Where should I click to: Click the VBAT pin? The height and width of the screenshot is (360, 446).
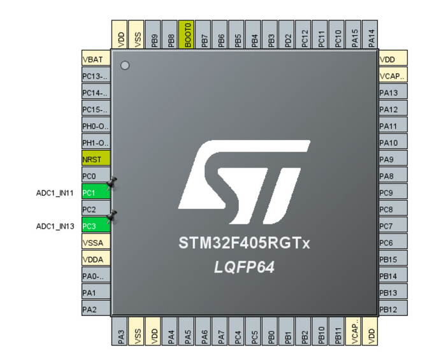click(96, 59)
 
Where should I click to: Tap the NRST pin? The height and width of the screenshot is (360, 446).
click(96, 159)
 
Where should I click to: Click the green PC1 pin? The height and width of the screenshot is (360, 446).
click(96, 192)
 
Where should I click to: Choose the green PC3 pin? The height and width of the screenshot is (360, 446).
click(96, 226)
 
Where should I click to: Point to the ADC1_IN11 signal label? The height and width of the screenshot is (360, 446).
click(55, 192)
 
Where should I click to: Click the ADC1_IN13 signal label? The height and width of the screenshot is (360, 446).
click(55, 226)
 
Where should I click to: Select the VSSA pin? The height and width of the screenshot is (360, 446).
click(96, 243)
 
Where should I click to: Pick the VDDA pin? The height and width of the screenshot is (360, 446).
click(96, 259)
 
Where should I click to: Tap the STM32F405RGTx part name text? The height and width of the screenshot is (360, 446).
click(245, 243)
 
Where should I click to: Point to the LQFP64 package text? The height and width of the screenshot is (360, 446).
click(245, 268)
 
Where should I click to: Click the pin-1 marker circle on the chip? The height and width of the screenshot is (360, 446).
click(125, 65)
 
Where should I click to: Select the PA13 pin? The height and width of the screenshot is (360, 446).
click(392, 93)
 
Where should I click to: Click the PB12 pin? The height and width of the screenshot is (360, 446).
click(392, 309)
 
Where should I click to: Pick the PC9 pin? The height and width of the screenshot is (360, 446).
click(392, 192)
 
